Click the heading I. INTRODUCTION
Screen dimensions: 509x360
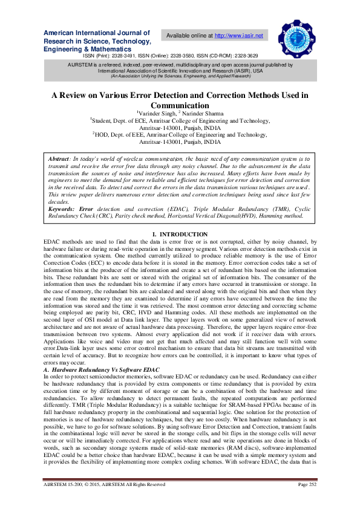(x=180, y=234)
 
